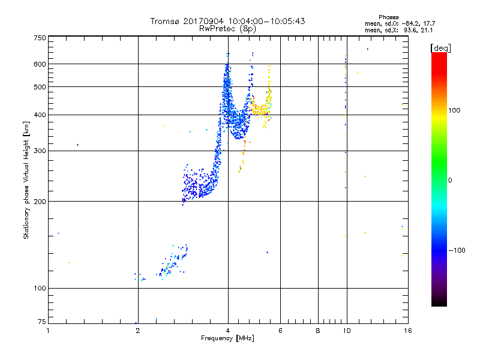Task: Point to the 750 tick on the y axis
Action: pyautogui.click(x=40, y=37)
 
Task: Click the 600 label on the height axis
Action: pyautogui.click(x=40, y=64)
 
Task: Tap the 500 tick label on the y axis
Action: pyautogui.click(x=40, y=86)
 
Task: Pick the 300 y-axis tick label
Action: pyautogui.click(x=40, y=151)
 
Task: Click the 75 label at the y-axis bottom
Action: pyautogui.click(x=41, y=323)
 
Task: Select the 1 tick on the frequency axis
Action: pyautogui.click(x=49, y=331)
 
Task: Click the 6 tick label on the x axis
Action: pyautogui.click(x=280, y=331)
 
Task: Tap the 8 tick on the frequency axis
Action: pyautogui.click(x=318, y=331)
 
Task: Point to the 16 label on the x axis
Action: pyautogui.click(x=407, y=331)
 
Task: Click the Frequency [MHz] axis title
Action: pyautogui.click(x=227, y=338)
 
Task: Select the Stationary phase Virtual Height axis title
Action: pyautogui.click(x=26, y=180)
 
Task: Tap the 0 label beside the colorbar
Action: pyautogui.click(x=450, y=179)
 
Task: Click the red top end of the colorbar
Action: pyautogui.click(x=439, y=56)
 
